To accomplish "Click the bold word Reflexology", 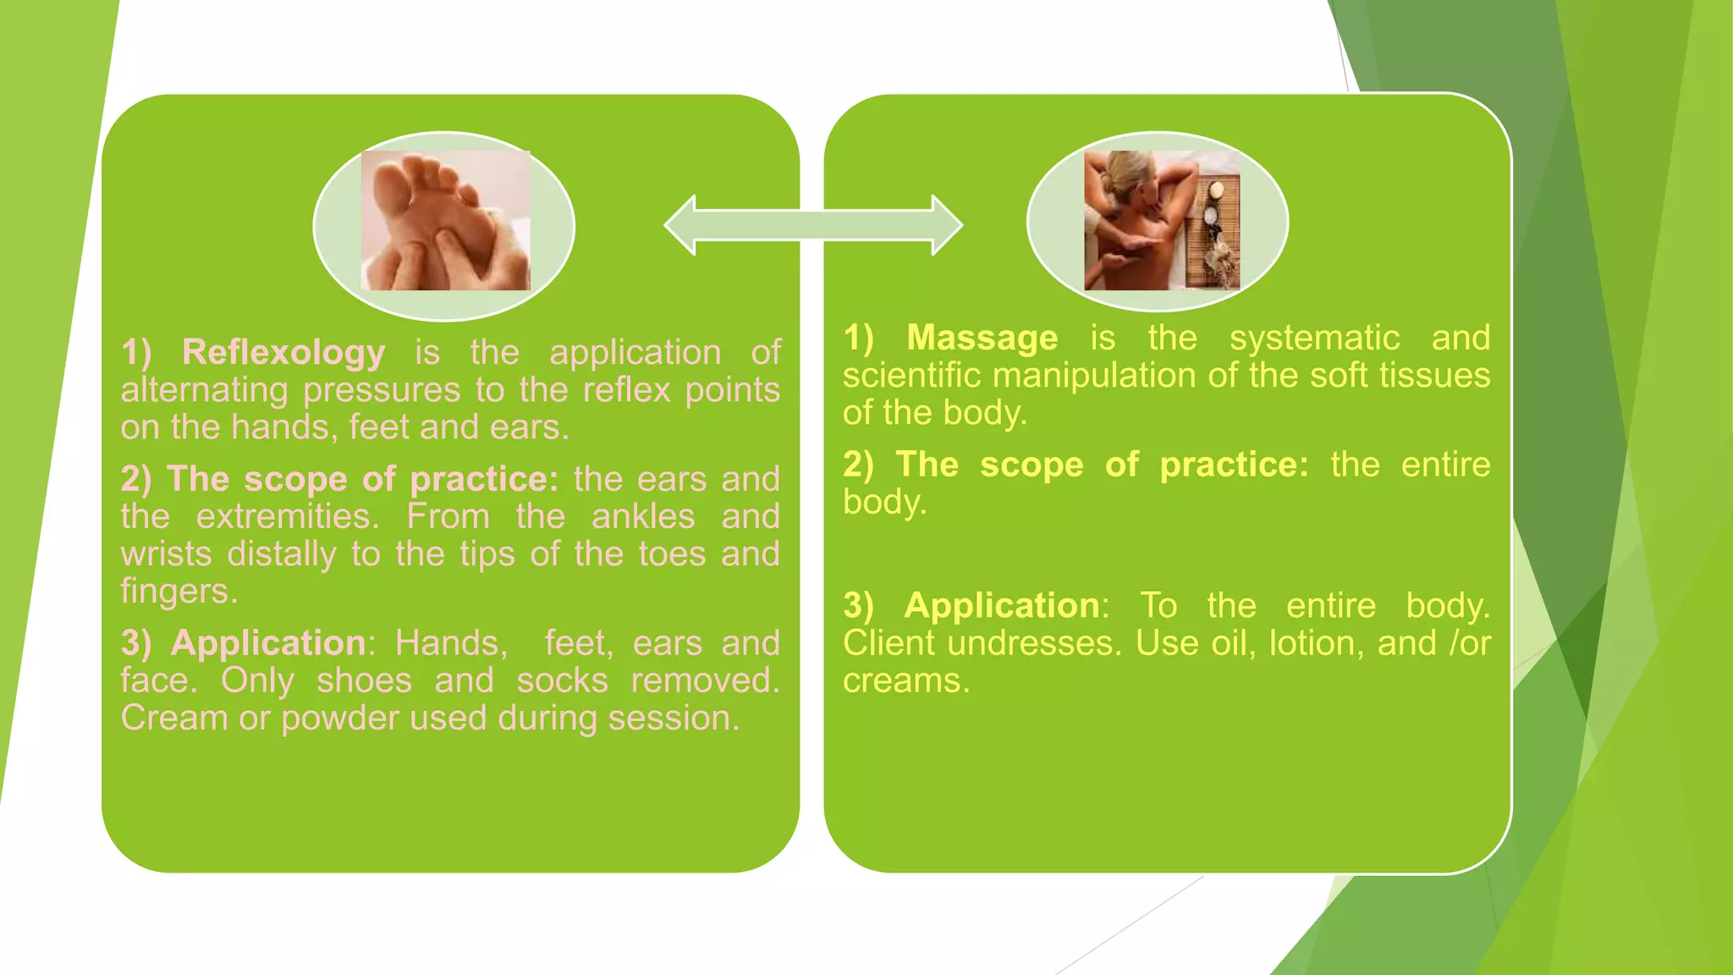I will [x=283, y=353].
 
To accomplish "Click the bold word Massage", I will [x=982, y=339].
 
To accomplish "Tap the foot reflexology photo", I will [x=445, y=222].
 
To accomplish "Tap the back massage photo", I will [x=1161, y=222].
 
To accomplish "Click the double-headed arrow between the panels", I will [x=813, y=225].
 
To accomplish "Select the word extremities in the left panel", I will [x=288, y=516].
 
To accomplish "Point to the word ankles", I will [x=643, y=516].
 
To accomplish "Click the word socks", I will [x=562, y=680].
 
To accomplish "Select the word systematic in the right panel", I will [x=1314, y=339].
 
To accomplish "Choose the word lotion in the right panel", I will [x=1315, y=644].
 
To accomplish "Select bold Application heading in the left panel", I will [x=268, y=643].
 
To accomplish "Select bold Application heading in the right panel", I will [x=1002, y=606].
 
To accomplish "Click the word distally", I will [x=282, y=554].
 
